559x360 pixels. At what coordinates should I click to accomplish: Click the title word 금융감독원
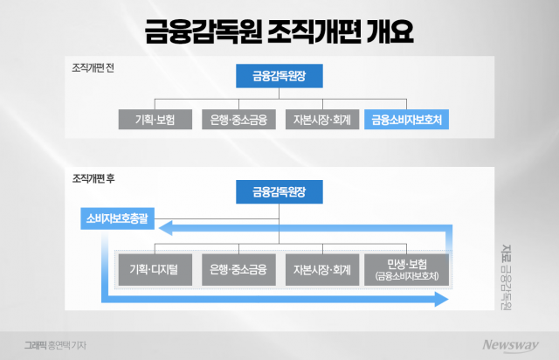pyautogui.click(x=194, y=32)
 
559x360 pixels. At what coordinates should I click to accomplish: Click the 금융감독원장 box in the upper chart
pyautogui.click(x=279, y=76)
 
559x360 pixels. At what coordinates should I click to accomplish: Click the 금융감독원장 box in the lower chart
pyautogui.click(x=279, y=191)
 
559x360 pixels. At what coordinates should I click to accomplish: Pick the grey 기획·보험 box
pyautogui.click(x=154, y=119)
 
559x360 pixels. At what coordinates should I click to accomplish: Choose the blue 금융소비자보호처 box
pyautogui.click(x=406, y=119)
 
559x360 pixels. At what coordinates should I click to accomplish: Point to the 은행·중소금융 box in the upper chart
pyautogui.click(x=238, y=119)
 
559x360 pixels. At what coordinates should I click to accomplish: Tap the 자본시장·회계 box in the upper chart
pyautogui.click(x=322, y=119)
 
